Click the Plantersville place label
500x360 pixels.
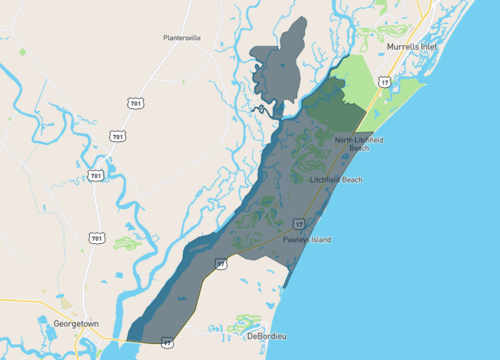(182, 38)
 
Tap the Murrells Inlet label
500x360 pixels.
(411, 47)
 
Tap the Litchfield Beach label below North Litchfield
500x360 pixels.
(336, 180)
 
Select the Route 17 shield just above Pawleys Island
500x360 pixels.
(297, 224)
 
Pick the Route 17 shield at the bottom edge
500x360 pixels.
(167, 342)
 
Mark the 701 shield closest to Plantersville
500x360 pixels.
(135, 103)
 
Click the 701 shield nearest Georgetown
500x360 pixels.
(94, 238)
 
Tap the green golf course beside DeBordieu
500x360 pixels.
(245, 323)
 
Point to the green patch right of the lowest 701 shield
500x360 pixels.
(126, 242)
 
